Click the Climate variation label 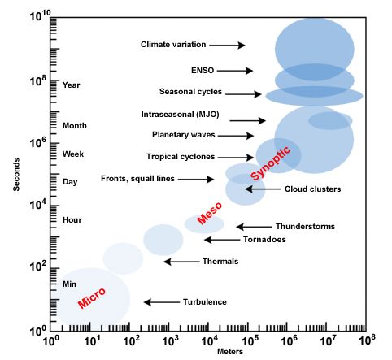[173, 45]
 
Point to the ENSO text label [202, 71]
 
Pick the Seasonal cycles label [190, 92]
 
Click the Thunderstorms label [305, 227]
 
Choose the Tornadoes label [264, 240]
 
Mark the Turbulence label [204, 302]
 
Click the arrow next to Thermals [178, 262]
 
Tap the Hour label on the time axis [72, 219]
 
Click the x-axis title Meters [212, 352]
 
